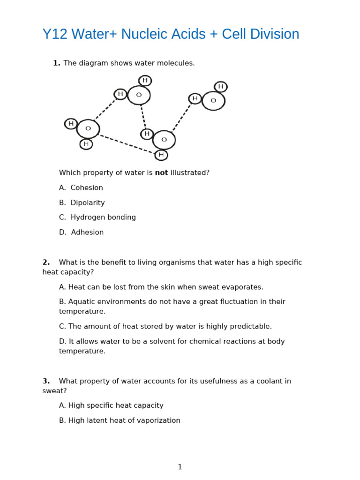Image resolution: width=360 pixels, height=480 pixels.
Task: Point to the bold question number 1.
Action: point(56,63)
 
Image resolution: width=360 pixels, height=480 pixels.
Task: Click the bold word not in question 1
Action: point(161,173)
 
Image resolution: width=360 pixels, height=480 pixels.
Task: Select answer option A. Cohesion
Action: point(81,188)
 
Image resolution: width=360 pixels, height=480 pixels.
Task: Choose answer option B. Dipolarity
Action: point(82,203)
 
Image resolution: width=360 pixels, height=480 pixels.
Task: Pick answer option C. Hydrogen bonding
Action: point(97,217)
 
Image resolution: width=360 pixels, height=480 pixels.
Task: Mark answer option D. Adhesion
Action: point(82,232)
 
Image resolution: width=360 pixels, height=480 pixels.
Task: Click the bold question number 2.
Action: point(46,262)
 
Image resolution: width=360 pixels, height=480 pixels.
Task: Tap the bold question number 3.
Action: point(46,382)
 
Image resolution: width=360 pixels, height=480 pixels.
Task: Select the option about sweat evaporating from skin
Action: point(161,287)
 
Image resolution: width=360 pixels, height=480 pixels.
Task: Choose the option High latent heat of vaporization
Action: point(120,421)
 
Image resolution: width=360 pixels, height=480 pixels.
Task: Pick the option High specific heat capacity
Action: point(111,406)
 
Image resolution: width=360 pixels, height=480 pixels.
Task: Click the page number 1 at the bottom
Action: point(180,467)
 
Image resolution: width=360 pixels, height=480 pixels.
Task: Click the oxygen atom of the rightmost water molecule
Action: point(213,101)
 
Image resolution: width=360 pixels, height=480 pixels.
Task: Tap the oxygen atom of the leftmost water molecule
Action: point(88,129)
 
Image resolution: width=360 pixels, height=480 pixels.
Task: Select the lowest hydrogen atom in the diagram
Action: point(161,155)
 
